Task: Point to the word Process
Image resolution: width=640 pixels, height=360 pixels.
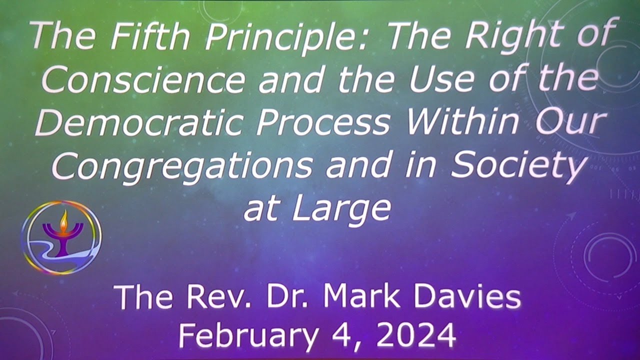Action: (322, 122)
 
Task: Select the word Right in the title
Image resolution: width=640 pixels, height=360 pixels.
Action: (505, 36)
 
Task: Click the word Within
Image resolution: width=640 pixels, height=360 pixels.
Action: (460, 122)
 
